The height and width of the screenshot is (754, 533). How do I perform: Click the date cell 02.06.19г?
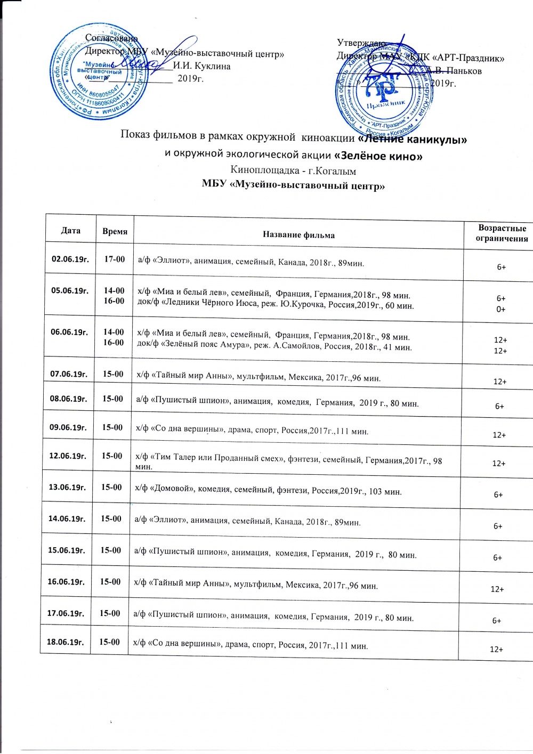[70, 260]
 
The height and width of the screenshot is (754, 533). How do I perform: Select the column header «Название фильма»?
[298, 234]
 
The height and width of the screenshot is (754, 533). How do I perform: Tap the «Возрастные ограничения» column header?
[502, 233]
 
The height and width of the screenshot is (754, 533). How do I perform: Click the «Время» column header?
[115, 232]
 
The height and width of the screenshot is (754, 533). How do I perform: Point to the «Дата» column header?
[70, 231]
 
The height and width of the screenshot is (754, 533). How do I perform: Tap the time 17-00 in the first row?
[114, 260]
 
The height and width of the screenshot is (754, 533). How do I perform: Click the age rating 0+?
[501, 309]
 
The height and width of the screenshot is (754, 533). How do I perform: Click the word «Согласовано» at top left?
[111, 38]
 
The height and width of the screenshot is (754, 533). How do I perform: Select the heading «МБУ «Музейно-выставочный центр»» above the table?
[293, 185]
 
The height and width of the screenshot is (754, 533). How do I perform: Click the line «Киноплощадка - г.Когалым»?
[293, 171]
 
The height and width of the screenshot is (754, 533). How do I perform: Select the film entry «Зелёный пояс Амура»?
[274, 347]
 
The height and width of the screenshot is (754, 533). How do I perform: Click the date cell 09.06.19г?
[68, 427]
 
